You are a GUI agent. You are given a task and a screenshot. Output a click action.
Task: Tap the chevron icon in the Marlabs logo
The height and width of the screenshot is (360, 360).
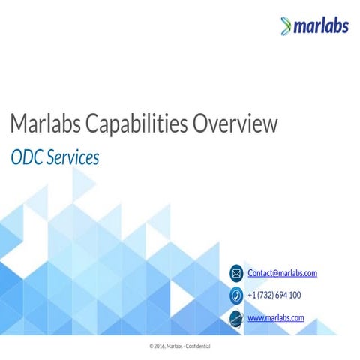click(284, 27)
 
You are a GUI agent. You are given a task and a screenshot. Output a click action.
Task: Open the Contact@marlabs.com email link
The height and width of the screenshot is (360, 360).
click(282, 273)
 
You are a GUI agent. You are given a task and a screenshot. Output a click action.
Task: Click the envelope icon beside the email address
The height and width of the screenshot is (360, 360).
click(236, 273)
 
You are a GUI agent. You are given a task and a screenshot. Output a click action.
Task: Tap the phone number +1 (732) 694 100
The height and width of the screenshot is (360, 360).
click(274, 295)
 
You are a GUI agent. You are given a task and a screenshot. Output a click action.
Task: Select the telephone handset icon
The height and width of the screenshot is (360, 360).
click(236, 295)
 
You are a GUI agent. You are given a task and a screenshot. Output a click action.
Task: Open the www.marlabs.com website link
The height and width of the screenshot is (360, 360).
click(275, 318)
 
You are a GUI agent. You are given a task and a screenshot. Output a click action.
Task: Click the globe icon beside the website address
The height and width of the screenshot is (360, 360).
click(236, 318)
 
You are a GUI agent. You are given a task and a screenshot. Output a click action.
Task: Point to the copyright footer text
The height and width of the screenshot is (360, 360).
click(180, 346)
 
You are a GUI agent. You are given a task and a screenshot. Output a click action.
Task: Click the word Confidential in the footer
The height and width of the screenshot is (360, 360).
click(197, 346)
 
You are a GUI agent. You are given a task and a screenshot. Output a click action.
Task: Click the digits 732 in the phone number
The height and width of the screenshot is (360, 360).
click(265, 295)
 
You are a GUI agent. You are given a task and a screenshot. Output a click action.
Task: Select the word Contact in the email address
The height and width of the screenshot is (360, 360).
click(259, 273)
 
